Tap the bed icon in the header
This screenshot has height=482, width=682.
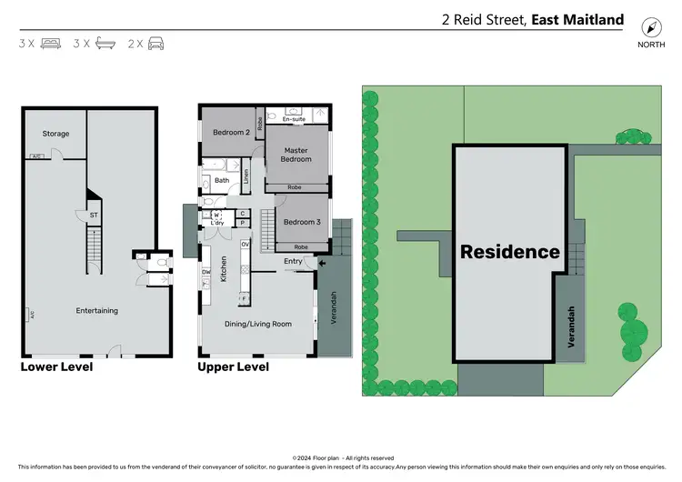pos(50,43)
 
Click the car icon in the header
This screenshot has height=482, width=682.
pos(155,43)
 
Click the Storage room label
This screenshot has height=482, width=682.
pos(55,134)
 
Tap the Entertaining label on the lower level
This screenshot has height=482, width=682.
pos(97,310)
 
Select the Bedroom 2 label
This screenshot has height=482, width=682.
pos(231,132)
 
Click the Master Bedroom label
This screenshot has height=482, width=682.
pos(296,155)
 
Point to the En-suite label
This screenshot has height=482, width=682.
pos(295,119)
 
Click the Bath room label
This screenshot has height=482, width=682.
pos(222,180)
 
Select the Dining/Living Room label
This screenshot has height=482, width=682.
pos(258,323)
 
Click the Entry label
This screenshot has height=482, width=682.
pos(293,262)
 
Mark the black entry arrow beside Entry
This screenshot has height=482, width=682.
pos(319,266)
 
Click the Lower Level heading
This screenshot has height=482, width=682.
pos(56,367)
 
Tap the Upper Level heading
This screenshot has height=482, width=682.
pos(233,367)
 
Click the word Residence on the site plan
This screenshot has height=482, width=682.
pos(510,252)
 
